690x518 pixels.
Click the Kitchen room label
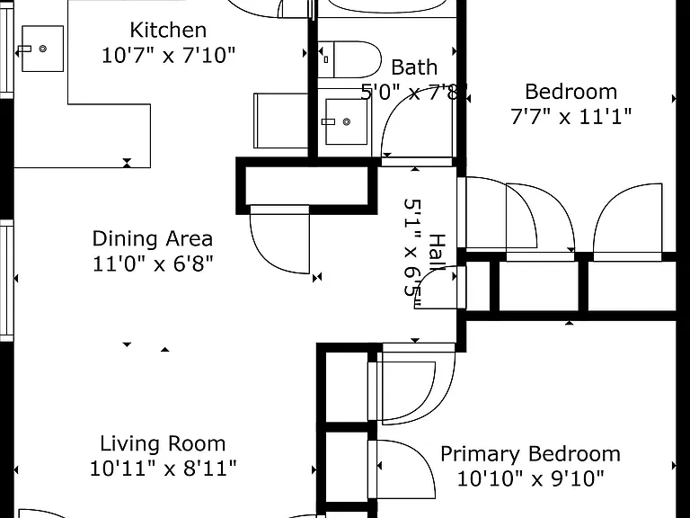coord(168,31)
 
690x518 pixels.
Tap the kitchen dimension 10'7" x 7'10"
coord(169,56)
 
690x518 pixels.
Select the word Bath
coord(414,67)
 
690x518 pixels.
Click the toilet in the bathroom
coord(349,59)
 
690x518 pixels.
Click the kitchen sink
coord(42,49)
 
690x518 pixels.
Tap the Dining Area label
coord(152,238)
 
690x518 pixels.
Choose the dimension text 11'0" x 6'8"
coord(153,264)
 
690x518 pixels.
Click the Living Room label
coord(163,443)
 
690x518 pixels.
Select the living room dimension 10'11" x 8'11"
coord(164,469)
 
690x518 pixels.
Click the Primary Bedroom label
coord(530,454)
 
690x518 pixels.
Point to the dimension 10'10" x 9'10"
coord(530,478)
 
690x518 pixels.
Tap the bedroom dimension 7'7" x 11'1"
coord(571,117)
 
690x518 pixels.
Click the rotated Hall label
coord(437,253)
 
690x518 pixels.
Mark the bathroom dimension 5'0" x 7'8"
coord(414,93)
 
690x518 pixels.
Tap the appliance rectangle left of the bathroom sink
coord(280,121)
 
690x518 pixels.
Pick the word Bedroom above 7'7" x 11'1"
coord(571,92)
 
